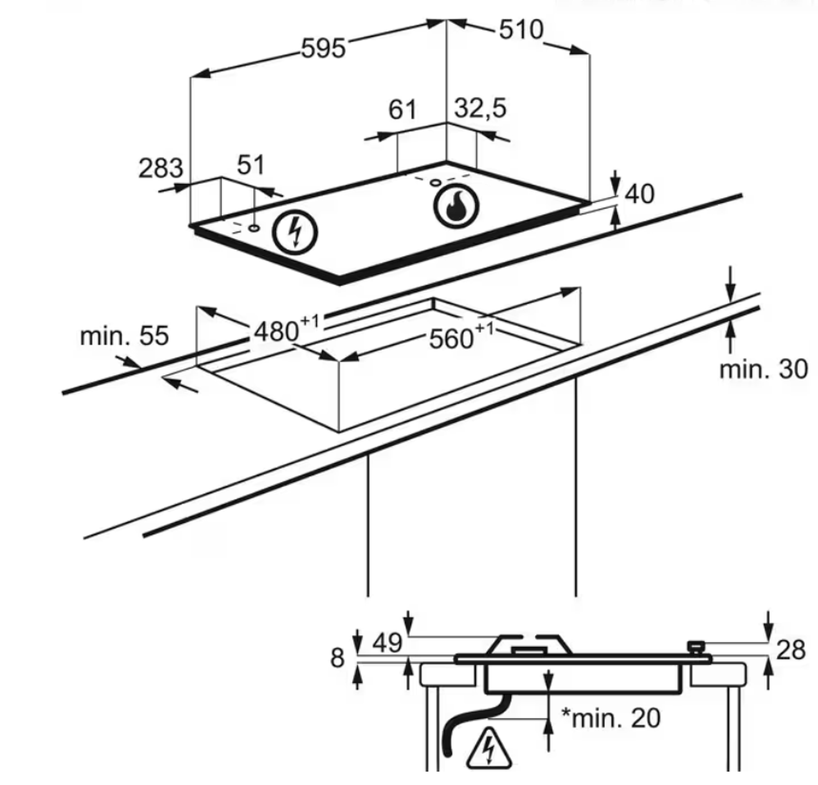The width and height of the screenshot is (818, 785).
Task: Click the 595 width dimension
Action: click(324, 48)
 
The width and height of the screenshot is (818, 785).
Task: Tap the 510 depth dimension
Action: click(521, 30)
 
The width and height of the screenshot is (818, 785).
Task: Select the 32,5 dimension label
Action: click(480, 108)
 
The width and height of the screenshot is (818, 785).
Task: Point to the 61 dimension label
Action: click(402, 110)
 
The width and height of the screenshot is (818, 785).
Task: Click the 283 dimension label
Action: click(161, 168)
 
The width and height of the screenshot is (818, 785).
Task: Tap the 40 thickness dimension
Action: click(639, 194)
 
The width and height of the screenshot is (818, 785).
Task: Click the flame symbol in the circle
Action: click(456, 206)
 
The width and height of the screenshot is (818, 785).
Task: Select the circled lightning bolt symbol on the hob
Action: click(294, 232)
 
